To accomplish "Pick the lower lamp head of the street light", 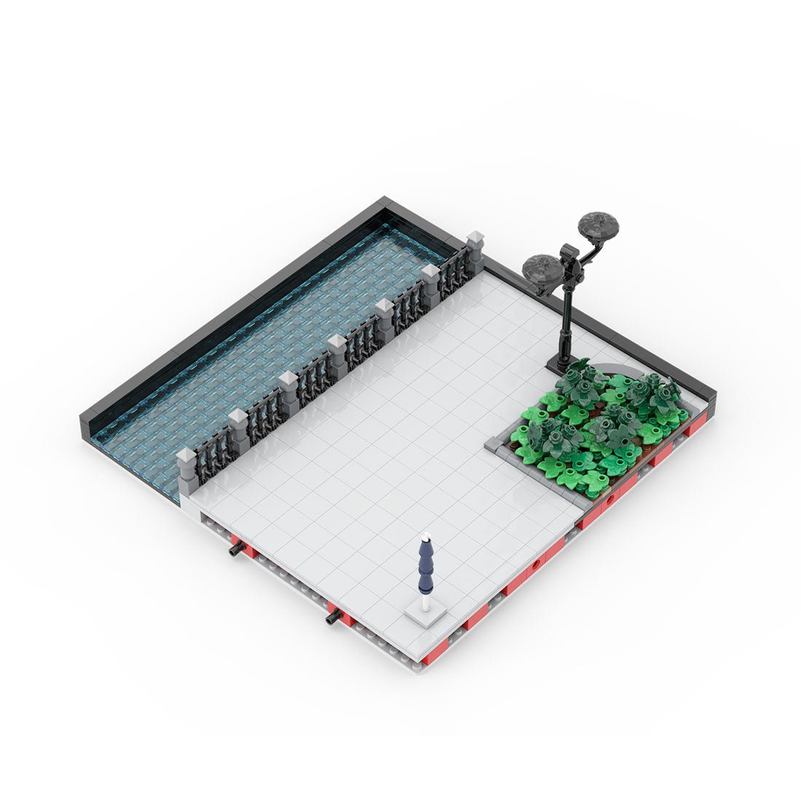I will [542, 270].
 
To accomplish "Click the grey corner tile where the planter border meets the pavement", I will [494, 445].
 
